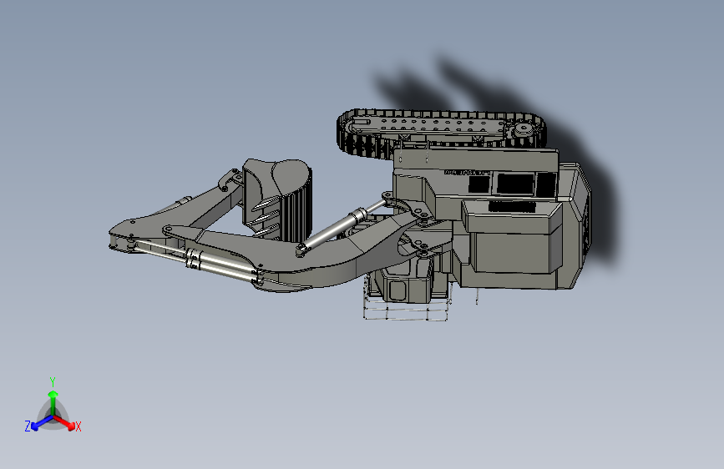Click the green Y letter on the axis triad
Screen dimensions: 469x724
click(52, 381)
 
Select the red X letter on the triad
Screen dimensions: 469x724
click(78, 426)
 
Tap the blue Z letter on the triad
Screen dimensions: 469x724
click(28, 426)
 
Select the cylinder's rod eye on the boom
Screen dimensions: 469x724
click(387, 199)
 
